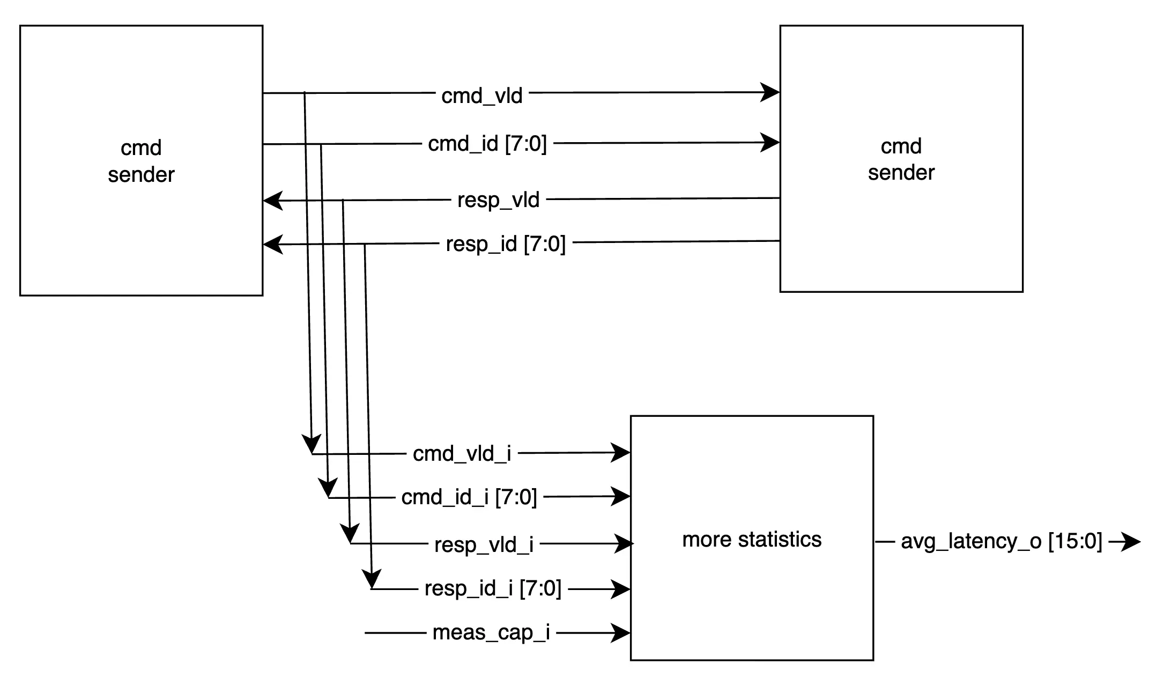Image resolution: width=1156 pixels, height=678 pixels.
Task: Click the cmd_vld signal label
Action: pos(481,96)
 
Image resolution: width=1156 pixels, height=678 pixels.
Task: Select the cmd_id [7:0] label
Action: pos(487,144)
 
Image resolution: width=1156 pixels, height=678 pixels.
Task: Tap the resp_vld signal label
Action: pos(498,200)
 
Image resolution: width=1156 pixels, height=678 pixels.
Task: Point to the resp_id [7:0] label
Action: pos(506,244)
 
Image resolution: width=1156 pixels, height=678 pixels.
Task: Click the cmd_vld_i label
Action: pos(462,454)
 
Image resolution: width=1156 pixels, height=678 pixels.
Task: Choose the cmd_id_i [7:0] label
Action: pos(469,497)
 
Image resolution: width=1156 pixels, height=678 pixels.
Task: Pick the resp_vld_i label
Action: pos(484,544)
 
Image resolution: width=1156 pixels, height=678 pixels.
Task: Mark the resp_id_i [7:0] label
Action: pos(493,588)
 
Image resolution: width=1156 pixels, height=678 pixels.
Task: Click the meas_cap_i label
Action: pos(491,632)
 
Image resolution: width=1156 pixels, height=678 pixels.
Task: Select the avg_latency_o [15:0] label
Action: pos(1002,541)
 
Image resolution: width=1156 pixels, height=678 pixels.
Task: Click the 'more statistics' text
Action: pos(752,539)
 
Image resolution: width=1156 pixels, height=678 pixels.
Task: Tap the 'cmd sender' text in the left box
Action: pos(141,161)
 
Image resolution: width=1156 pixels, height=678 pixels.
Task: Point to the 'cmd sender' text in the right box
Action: pos(901,159)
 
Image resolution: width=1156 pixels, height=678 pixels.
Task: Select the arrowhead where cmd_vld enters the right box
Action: pos(770,92)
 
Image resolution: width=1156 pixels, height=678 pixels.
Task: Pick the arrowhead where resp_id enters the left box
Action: pos(273,245)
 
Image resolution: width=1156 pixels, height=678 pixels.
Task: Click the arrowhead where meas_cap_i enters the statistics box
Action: pos(620,633)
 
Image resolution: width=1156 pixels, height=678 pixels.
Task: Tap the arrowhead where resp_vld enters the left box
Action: pos(273,201)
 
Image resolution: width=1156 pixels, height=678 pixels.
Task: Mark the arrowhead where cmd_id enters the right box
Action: pos(770,143)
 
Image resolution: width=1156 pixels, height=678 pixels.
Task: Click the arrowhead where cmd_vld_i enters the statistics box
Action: pos(620,453)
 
